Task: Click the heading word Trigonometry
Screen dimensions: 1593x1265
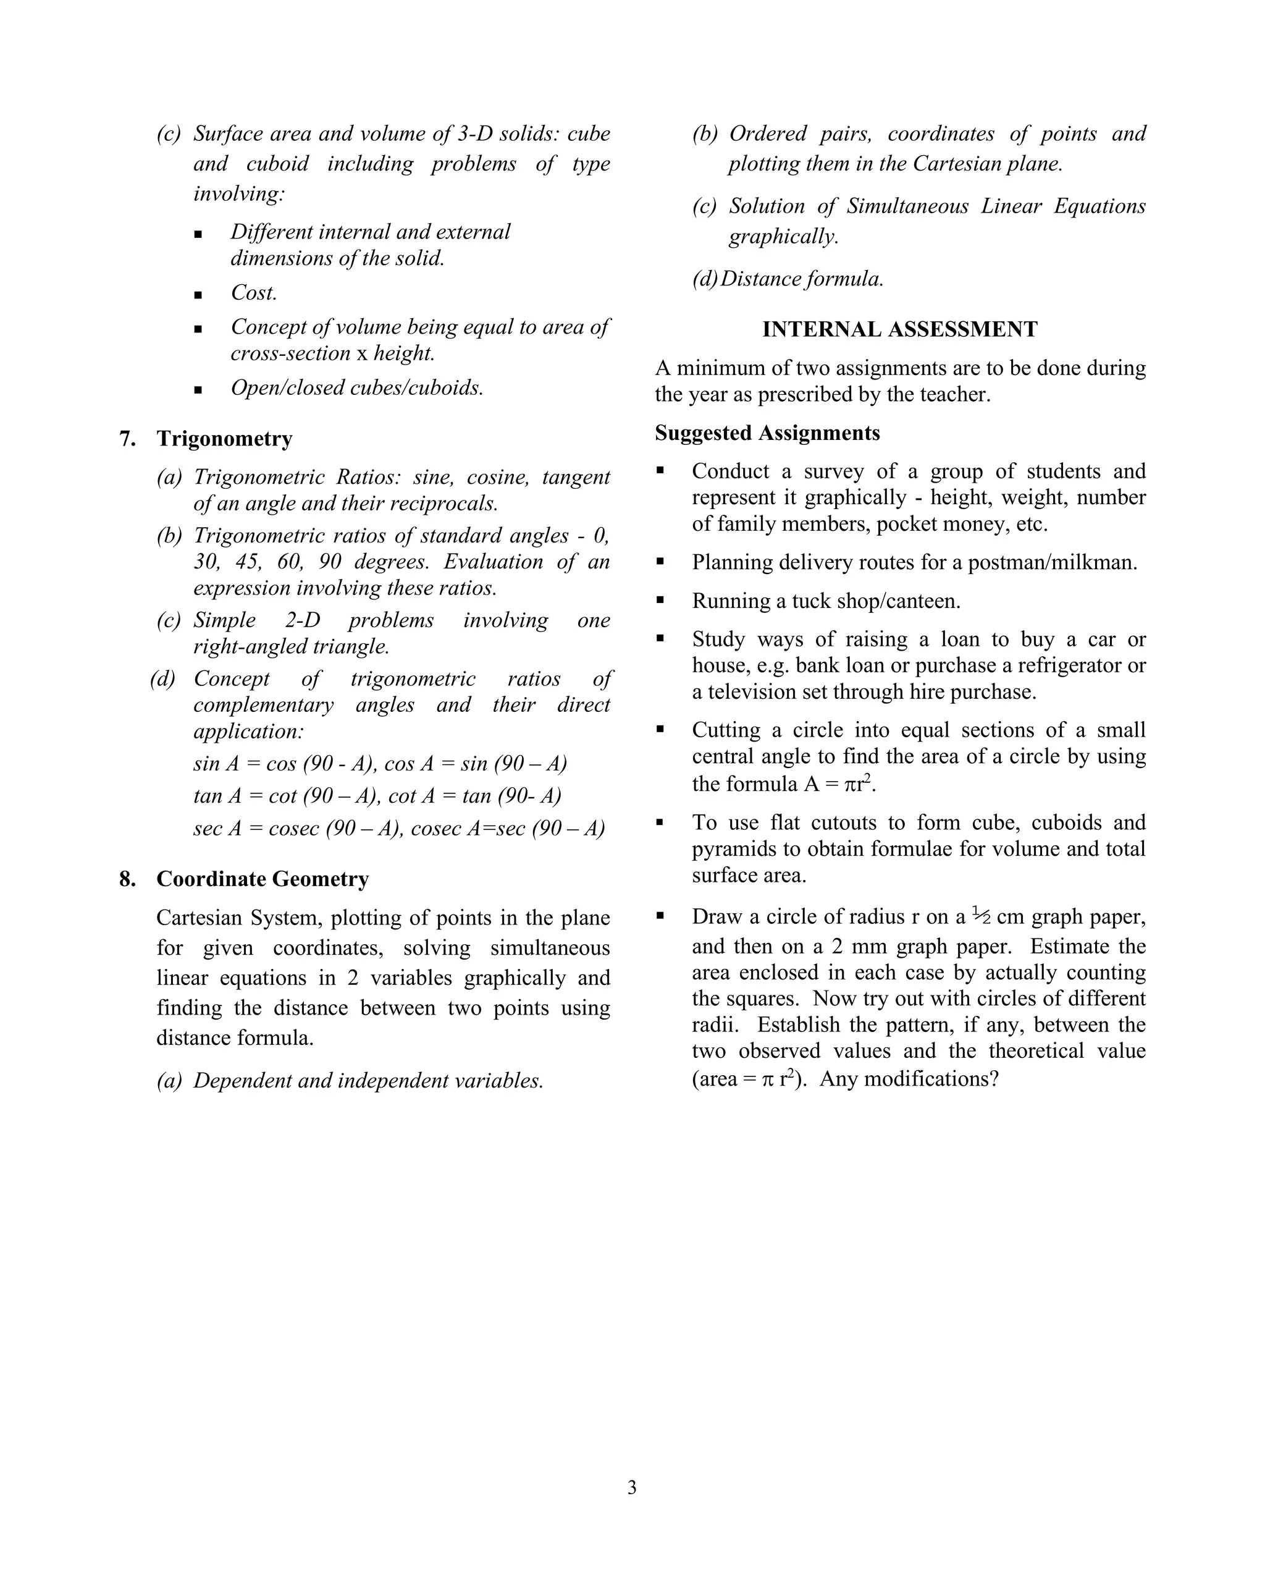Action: pos(224,439)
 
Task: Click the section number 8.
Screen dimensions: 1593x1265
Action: pos(127,879)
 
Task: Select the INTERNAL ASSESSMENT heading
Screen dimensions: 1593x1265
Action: pos(899,329)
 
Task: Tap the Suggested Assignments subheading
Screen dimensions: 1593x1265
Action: pos(767,433)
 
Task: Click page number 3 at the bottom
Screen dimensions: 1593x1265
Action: pos(631,1487)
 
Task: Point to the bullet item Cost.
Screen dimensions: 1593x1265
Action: pos(253,293)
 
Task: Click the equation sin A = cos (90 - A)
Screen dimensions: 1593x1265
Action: pos(284,764)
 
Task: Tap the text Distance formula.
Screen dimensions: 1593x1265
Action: pos(801,279)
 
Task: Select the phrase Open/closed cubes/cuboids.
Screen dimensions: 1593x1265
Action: pos(356,388)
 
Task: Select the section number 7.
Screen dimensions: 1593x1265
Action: pos(127,439)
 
